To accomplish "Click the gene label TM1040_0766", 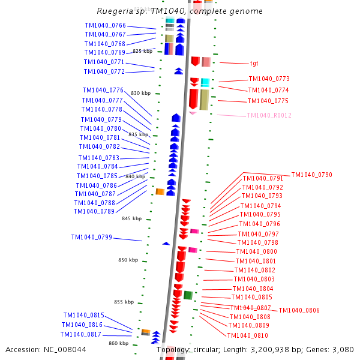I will coord(105,25).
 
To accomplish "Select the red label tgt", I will coord(254,63).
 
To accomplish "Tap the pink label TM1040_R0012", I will coord(269,116).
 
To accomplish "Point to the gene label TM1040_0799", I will coord(91,238).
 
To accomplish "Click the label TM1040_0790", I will coord(311,175).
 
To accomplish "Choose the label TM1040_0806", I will coord(299,310).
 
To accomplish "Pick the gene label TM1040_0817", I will coord(80,335).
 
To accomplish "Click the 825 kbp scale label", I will coord(142,51).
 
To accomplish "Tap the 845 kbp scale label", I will coord(131,218).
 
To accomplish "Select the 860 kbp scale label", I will coord(118,343).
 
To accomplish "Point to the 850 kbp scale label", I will coord(128,260).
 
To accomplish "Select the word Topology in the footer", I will coord(173,350).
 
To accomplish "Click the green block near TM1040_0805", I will coord(188,295).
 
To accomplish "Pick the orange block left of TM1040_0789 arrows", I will coord(160,192).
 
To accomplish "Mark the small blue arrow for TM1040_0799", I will coord(166,243).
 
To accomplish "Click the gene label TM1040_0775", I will coord(268,101).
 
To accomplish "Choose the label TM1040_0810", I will coord(247,335).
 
